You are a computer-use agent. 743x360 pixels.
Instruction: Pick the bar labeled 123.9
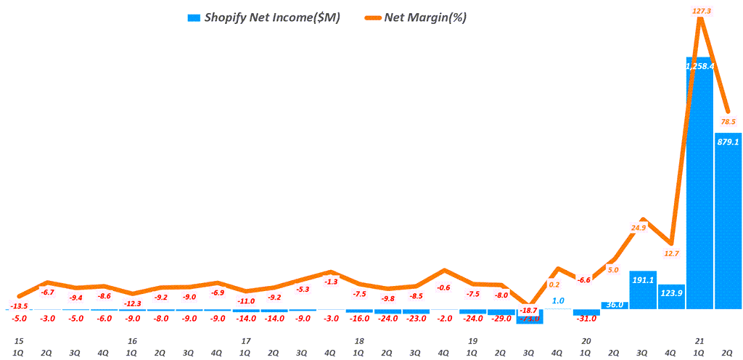(671, 297)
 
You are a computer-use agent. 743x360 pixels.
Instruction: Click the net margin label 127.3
(700, 10)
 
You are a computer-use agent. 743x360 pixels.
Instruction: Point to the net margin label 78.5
(728, 121)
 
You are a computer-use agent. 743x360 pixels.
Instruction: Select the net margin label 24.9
(639, 228)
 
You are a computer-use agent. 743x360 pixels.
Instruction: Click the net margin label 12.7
(671, 253)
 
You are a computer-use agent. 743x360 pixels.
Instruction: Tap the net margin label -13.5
(20, 306)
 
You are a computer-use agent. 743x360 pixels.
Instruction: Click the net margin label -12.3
(132, 303)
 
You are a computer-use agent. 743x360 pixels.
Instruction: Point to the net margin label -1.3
(331, 282)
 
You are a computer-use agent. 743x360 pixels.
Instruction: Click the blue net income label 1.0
(558, 300)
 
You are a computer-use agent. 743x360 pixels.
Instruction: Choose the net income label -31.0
(586, 317)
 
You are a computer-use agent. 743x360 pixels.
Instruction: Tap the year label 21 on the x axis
(700, 340)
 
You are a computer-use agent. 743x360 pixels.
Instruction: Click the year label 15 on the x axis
(19, 340)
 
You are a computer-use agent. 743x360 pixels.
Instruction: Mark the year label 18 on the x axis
(359, 340)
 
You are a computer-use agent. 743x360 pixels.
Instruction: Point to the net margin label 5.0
(613, 270)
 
